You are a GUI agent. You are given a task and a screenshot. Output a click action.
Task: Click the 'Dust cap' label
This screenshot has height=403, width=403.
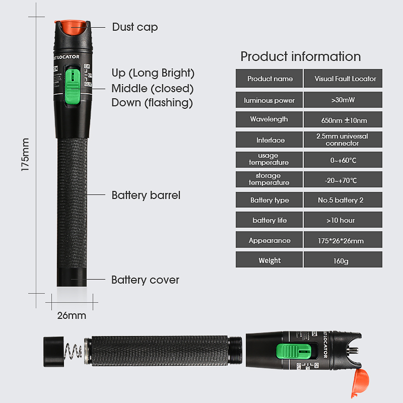135,27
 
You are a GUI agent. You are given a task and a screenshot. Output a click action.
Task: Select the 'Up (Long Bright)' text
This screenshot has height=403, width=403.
153,73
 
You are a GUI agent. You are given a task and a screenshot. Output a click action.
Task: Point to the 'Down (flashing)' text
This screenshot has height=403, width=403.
152,103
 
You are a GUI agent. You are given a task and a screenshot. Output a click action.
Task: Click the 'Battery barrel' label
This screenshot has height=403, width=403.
146,195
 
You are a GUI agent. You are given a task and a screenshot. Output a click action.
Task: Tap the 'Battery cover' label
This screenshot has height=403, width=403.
145,280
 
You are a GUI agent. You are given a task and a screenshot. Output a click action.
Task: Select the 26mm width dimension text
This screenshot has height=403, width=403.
71,316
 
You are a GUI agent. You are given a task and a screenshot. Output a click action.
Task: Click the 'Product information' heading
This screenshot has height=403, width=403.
300,56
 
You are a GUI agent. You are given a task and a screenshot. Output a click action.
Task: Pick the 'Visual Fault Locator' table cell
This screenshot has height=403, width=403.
345,79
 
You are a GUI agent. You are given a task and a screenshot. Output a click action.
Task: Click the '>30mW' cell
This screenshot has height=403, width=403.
343,100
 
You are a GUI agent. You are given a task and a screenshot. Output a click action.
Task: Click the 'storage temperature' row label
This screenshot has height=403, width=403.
269,179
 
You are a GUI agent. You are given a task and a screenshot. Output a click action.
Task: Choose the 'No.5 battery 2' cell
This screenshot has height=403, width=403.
341,200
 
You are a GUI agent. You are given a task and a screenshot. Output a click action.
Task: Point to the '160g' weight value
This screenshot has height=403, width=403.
341,261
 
